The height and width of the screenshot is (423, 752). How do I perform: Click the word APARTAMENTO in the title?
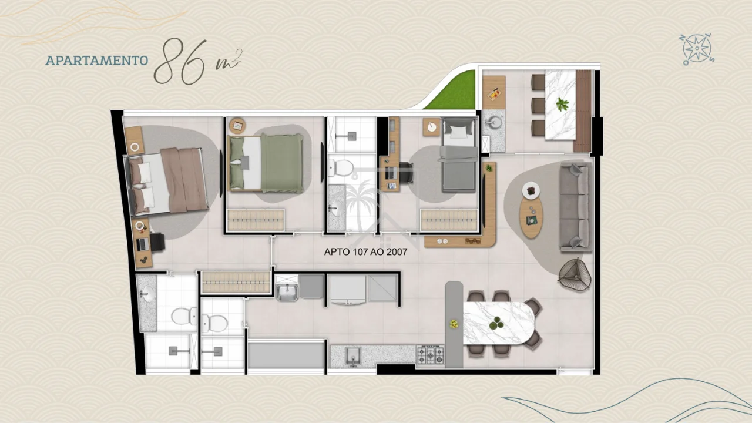[x=97, y=61]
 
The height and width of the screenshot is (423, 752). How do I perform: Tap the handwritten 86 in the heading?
[x=180, y=62]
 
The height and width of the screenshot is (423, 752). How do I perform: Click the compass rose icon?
[x=697, y=49]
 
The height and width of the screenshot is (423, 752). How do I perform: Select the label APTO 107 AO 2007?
[x=365, y=252]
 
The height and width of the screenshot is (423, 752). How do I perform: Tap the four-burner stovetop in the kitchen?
[x=430, y=355]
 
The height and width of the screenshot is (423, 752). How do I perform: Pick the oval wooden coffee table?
[x=531, y=217]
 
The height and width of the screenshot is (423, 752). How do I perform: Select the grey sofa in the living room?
[x=575, y=207]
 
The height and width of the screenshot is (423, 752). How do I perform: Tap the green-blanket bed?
[x=266, y=163]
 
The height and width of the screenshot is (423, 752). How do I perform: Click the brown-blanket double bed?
[x=166, y=182]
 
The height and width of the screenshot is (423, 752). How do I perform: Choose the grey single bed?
[x=459, y=155]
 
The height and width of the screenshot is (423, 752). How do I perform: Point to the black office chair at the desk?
[x=406, y=173]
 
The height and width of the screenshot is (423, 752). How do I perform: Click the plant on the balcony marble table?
[x=562, y=105]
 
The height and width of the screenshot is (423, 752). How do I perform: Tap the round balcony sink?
[x=494, y=123]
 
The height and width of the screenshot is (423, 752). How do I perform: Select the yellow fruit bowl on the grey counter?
[x=454, y=324]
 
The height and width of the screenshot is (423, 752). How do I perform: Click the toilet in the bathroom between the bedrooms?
[x=340, y=168]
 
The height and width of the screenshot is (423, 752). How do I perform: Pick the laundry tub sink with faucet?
[x=286, y=292]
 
